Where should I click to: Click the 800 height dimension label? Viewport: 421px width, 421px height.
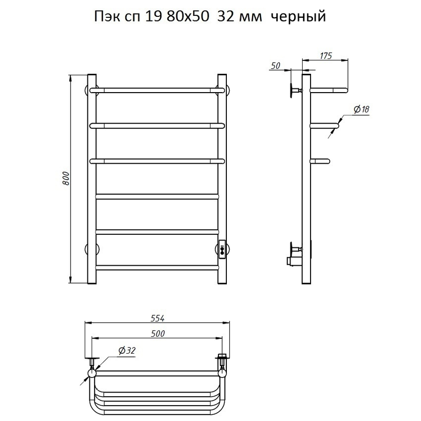pos(66,179)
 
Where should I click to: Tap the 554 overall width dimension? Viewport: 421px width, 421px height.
pos(157,318)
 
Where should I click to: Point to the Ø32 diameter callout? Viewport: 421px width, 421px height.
pos(127,350)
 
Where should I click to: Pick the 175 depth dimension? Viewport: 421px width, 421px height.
pos(326,56)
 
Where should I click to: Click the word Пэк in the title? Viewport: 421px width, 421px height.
pos(106,17)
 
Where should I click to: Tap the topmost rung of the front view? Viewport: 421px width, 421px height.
pos(157,89)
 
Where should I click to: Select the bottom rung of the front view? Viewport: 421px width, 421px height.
pos(157,268)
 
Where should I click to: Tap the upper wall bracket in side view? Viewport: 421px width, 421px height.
pos(295,90)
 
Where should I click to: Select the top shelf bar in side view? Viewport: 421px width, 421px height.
pos(329,89)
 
